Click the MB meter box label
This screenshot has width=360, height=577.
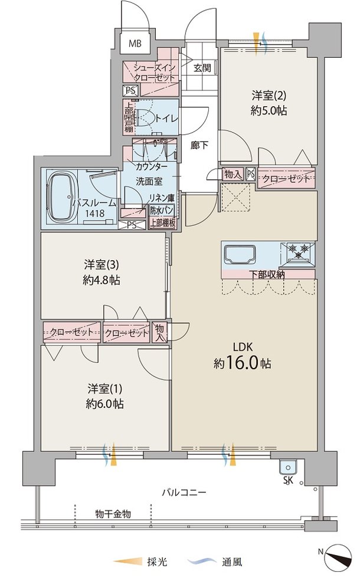tap(135, 44)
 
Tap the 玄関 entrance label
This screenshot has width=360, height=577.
tap(202, 68)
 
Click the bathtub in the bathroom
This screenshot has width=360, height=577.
tap(62, 196)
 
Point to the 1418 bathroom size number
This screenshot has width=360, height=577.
tap(95, 213)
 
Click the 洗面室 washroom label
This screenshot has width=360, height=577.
tap(149, 181)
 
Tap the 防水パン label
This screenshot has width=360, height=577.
tap(162, 211)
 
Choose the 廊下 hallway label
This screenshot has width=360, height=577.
tap(199, 145)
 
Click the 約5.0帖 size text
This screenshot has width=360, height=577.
tap(269, 110)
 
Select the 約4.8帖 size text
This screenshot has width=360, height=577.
tap(102, 280)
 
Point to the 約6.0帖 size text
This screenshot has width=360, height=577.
tap(104, 404)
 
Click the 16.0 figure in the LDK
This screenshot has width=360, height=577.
tap(242, 363)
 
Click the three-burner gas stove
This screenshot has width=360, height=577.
tap(298, 253)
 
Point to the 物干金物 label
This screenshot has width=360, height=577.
tap(113, 514)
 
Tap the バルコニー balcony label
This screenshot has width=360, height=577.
tap(184, 493)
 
